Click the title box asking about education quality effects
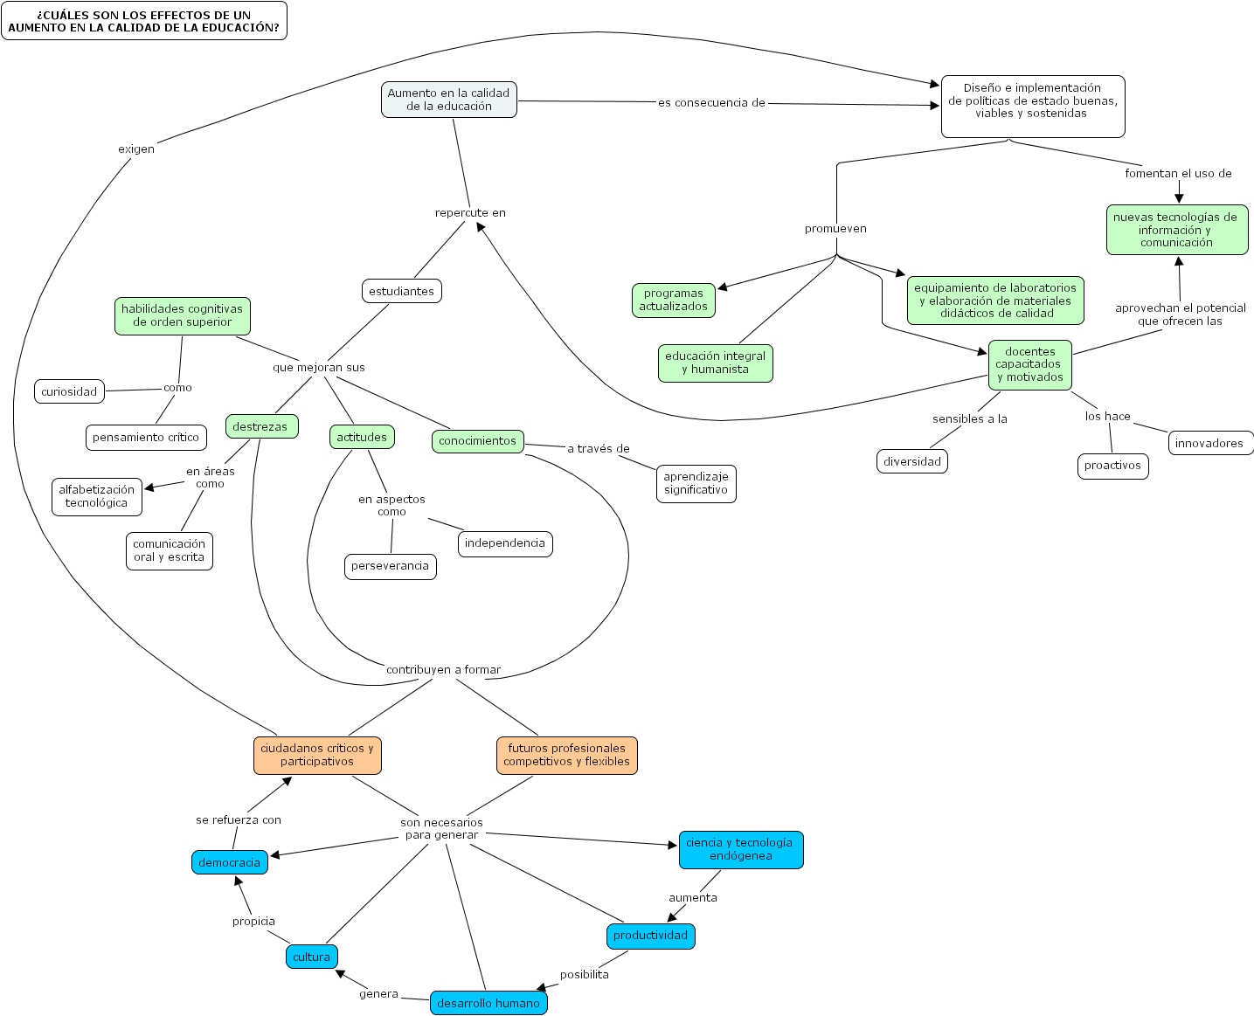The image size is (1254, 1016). [x=144, y=21]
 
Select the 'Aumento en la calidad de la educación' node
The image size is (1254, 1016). [x=448, y=100]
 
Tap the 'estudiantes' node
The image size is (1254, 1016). [x=401, y=291]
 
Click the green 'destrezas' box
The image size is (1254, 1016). [x=260, y=426]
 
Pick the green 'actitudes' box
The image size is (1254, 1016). [x=362, y=437]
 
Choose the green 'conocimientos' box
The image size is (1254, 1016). [x=477, y=441]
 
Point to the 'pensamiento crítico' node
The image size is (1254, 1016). [x=146, y=438]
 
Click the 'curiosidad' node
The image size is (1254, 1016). [x=69, y=391]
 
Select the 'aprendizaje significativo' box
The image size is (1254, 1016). [x=696, y=483]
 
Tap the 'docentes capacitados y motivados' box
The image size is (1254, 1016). [x=1029, y=364]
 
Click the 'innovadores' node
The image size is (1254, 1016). [x=1209, y=443]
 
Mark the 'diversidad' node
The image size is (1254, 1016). [x=911, y=461]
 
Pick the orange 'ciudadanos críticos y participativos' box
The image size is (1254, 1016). [x=317, y=755]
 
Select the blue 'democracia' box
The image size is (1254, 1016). [x=229, y=862]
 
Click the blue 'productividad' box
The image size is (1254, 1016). [x=650, y=936]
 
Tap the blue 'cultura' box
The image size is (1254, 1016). [x=311, y=957]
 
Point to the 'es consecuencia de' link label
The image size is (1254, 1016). [x=711, y=103]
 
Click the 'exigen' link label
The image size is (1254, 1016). [x=136, y=149]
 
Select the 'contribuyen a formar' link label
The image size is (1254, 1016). [x=443, y=670]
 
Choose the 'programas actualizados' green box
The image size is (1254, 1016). [x=673, y=300]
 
